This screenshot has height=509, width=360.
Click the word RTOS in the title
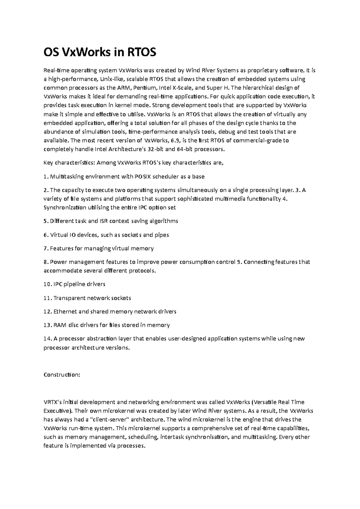(x=142, y=53)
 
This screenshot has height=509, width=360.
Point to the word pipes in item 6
(x=162, y=235)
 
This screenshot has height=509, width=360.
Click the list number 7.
(x=45, y=249)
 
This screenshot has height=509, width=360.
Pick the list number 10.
(x=47, y=284)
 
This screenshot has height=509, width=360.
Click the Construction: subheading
(x=62, y=375)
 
